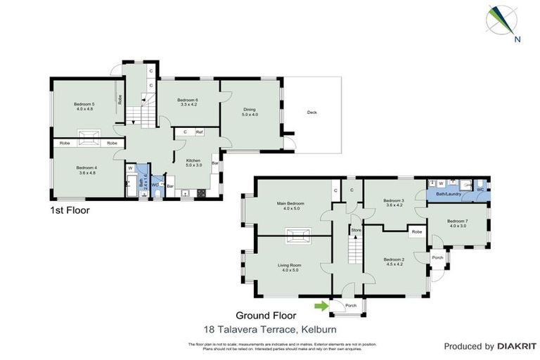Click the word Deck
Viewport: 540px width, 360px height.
click(311, 112)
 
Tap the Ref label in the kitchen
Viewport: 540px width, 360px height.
click(200, 131)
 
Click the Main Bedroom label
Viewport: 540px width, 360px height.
click(291, 206)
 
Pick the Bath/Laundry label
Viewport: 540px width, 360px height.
click(449, 193)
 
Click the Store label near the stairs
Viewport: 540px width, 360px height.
click(356, 229)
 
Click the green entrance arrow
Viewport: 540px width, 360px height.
click(321, 305)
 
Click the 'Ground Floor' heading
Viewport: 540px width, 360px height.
click(266, 316)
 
